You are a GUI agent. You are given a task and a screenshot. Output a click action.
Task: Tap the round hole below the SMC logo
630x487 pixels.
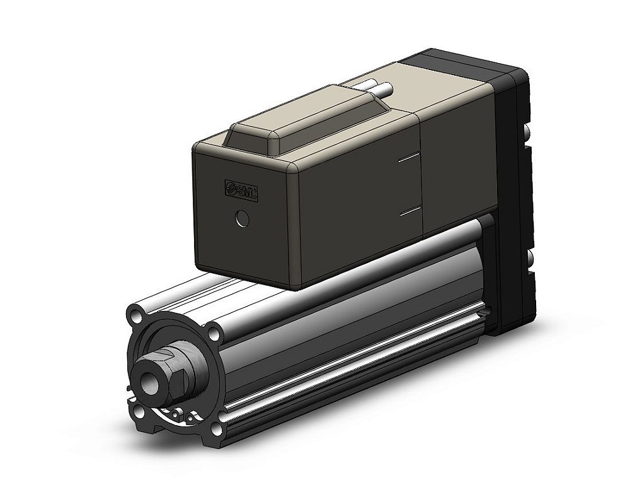tap(241, 219)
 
